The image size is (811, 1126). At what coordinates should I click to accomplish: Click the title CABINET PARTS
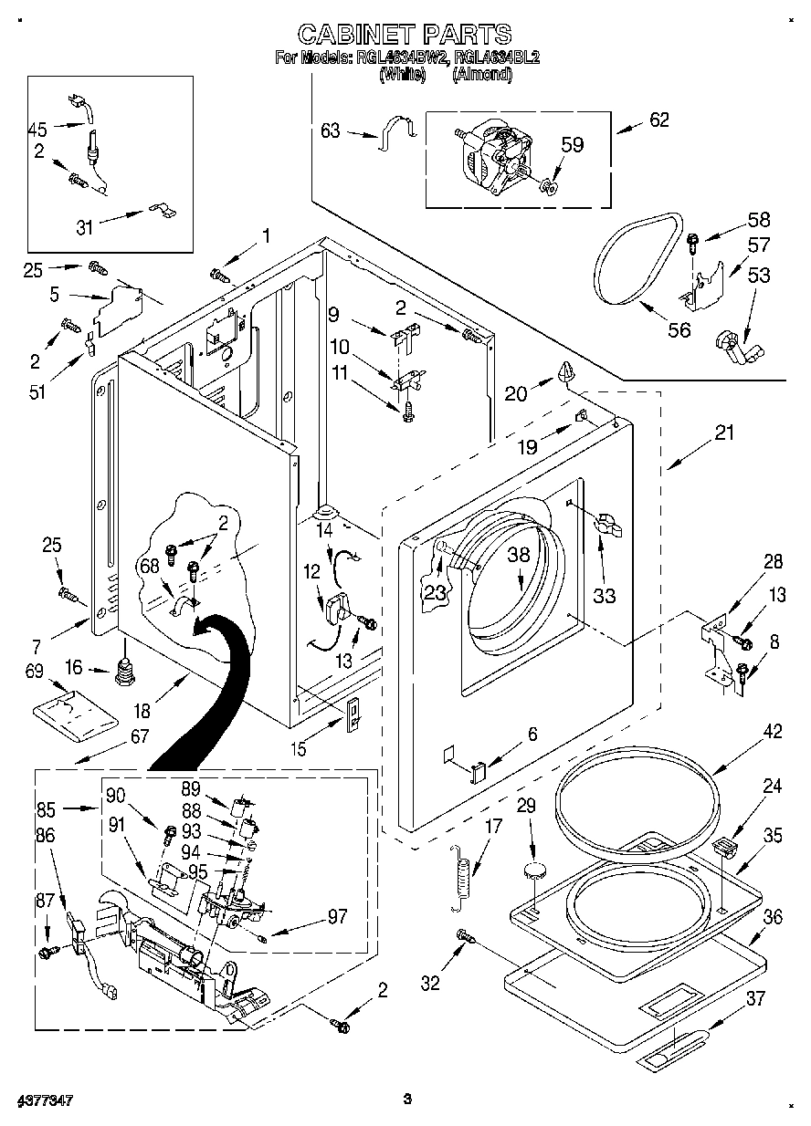coord(405,35)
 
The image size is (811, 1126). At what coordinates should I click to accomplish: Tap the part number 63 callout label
coord(330,131)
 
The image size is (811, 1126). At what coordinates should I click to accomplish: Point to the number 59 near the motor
coord(572,144)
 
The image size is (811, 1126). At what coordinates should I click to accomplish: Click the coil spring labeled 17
coord(465,874)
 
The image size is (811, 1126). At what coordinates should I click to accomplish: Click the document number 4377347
coord(44,1100)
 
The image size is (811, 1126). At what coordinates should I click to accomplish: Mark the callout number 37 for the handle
coord(755,998)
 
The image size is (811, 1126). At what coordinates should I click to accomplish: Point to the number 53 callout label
coord(759,275)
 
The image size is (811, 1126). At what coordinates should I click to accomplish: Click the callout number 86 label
coord(46,834)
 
